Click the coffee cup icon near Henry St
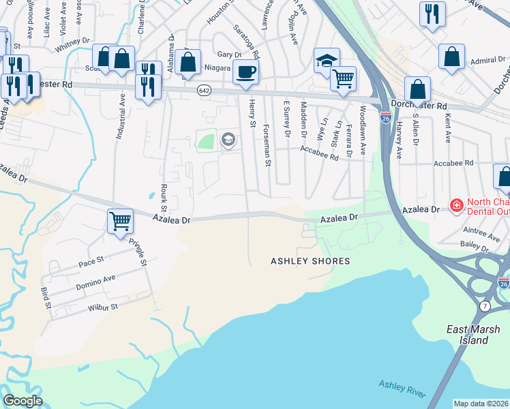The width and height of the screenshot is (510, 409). pos(246,71)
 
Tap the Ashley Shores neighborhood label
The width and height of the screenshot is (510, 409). pos(310,261)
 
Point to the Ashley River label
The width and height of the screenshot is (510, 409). pos(403,390)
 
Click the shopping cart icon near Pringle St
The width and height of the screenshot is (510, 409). pos(120,220)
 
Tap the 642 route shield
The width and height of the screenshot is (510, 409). pos(204,90)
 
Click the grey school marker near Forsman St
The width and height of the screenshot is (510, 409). pos(228,140)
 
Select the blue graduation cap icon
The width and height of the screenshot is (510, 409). pos(327,60)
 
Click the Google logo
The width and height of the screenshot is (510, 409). pos(22,401)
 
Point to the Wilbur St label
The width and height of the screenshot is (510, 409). pos(103,307)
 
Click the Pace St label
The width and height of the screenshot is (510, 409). pos(91,260)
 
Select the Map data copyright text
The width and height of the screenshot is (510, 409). pos(481,404)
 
